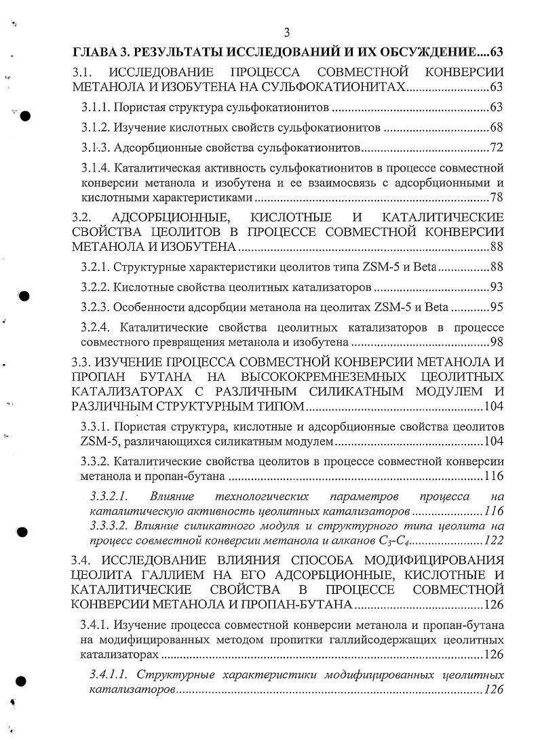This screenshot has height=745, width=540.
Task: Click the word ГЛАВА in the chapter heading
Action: pos(95,52)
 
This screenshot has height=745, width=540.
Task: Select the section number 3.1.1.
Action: pos(95,107)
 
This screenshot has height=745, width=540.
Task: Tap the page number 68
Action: pos(496,128)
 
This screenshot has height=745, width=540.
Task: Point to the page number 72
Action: pos(496,148)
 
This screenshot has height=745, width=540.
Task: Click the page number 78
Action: pos(496,197)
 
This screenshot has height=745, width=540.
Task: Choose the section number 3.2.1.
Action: pos(95,266)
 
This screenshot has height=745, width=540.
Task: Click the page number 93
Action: pos(496,287)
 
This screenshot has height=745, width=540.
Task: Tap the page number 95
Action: pos(496,307)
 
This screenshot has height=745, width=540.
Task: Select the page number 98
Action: pos(496,342)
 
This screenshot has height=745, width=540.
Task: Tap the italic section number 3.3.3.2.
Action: pos(111,525)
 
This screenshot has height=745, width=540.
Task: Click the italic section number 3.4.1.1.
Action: pos(111,674)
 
